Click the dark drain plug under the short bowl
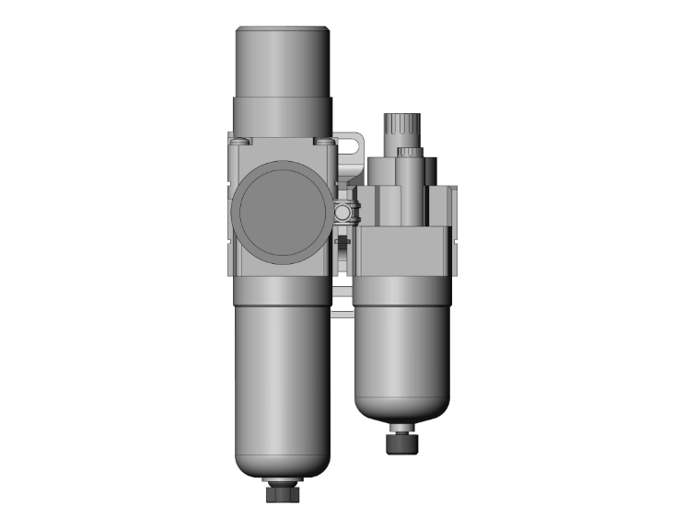(402, 442)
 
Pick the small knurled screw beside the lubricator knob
(410, 150)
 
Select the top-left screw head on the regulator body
(241, 141)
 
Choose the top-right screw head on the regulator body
(325, 141)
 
